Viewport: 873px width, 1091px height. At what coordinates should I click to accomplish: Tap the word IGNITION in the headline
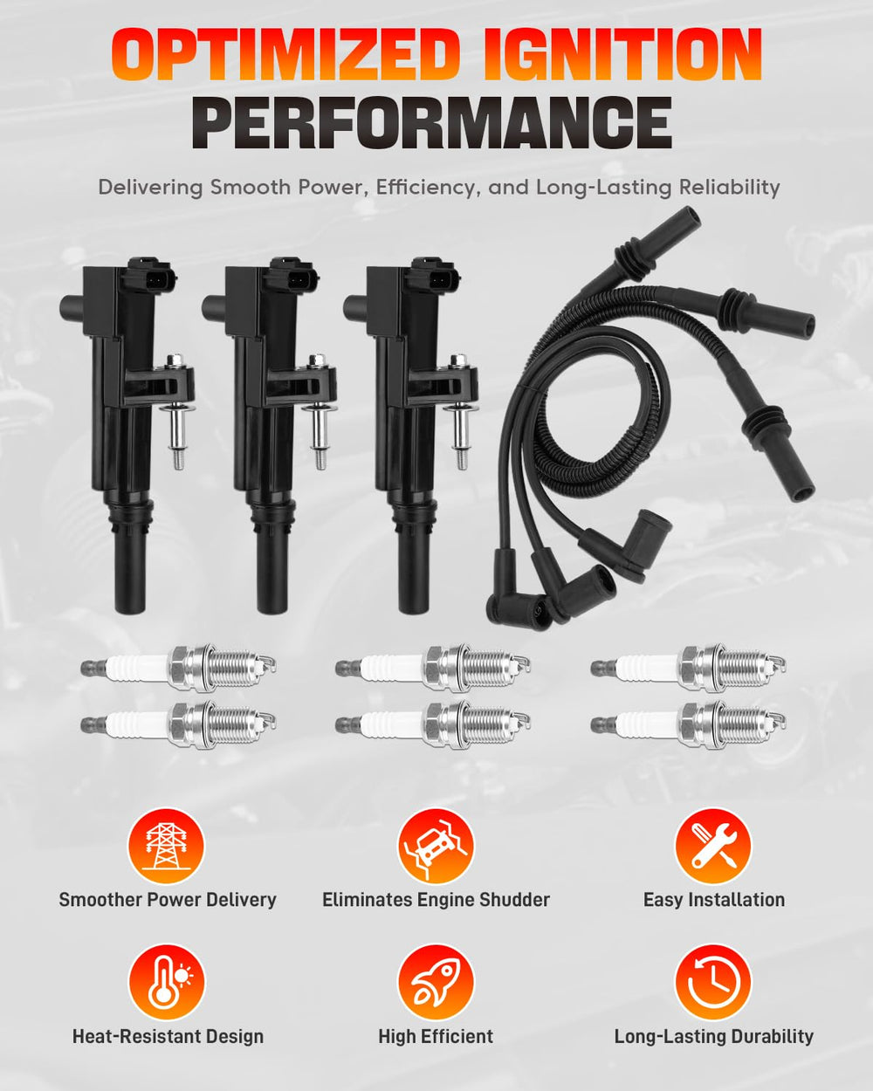coord(623,55)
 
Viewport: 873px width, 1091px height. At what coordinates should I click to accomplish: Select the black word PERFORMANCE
coord(431,122)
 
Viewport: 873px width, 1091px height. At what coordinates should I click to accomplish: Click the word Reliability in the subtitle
coord(729,187)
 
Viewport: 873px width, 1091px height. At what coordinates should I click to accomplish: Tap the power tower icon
coord(166,846)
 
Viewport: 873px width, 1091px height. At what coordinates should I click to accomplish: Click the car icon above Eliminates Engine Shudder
coord(436,846)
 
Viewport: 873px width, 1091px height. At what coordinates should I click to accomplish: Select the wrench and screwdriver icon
coord(713,846)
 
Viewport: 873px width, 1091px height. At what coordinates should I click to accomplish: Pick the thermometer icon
coord(166,982)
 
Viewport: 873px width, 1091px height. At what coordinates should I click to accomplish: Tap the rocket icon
coord(436,982)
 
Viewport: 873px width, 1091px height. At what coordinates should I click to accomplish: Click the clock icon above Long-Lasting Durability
coord(713,982)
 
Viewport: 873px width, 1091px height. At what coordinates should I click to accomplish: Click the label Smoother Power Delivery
coord(168,901)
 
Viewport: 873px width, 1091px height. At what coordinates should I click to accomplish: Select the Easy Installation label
coord(714,901)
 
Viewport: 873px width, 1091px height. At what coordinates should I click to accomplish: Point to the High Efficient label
coord(436,1037)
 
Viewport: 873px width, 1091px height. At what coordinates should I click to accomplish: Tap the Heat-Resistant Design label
coord(168,1037)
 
